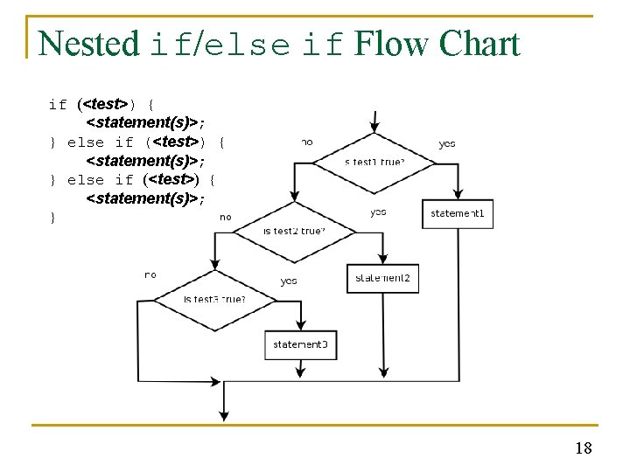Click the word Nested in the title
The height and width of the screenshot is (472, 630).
pyautogui.click(x=88, y=44)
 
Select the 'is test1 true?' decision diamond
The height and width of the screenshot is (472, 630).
pyautogui.click(x=374, y=161)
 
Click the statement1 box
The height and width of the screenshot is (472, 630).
pyautogui.click(x=458, y=213)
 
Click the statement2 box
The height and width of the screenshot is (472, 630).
pyautogui.click(x=382, y=278)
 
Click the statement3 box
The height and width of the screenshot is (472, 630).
pyautogui.click(x=300, y=344)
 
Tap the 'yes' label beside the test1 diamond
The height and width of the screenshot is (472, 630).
pyautogui.click(x=446, y=143)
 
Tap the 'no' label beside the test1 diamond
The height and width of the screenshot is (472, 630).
pyautogui.click(x=307, y=142)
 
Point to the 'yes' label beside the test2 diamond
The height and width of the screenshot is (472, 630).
pyautogui.click(x=378, y=212)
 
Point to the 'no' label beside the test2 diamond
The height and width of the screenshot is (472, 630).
pyautogui.click(x=226, y=217)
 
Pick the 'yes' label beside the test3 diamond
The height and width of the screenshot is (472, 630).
pyautogui.click(x=289, y=281)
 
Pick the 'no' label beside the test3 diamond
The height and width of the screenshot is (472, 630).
pyautogui.click(x=150, y=274)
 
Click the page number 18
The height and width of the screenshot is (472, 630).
pyautogui.click(x=584, y=448)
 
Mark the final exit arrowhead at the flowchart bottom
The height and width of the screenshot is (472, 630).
pyautogui.click(x=226, y=412)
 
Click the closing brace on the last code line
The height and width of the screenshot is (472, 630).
pyautogui.click(x=52, y=218)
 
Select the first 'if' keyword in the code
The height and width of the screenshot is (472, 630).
pyautogui.click(x=58, y=105)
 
